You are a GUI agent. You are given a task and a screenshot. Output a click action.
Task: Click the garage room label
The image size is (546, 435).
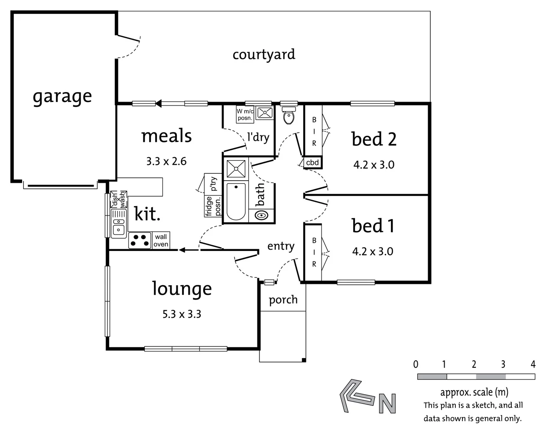point(62,96)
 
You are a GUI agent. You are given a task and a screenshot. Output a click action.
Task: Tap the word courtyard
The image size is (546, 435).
point(263,55)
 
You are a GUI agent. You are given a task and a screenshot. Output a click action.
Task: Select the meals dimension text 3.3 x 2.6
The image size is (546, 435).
point(166,161)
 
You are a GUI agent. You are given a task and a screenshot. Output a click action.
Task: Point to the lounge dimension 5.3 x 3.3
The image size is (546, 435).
point(182,313)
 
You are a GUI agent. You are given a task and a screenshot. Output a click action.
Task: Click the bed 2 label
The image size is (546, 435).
point(374,139)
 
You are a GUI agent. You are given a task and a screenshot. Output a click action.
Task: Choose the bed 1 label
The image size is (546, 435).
point(373,226)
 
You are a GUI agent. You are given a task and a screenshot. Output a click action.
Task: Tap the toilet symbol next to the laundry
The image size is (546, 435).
point(288,115)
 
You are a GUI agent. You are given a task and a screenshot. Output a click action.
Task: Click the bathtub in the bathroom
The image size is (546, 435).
point(236,201)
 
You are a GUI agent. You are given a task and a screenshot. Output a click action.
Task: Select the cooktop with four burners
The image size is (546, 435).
point(140,241)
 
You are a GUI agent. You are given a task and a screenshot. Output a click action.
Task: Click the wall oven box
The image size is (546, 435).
point(161,241)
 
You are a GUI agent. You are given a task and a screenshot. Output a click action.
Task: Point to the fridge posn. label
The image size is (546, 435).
point(213,206)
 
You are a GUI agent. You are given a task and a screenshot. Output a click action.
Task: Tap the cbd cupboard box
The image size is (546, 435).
point(312,163)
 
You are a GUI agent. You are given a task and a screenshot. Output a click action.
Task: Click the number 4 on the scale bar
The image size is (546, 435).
point(533,364)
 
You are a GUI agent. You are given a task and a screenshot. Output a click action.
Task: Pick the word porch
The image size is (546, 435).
point(283,300)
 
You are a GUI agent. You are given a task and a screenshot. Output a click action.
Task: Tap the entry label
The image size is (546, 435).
point(281,246)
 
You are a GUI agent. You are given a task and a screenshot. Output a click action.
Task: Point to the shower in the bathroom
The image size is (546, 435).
point(234,169)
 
